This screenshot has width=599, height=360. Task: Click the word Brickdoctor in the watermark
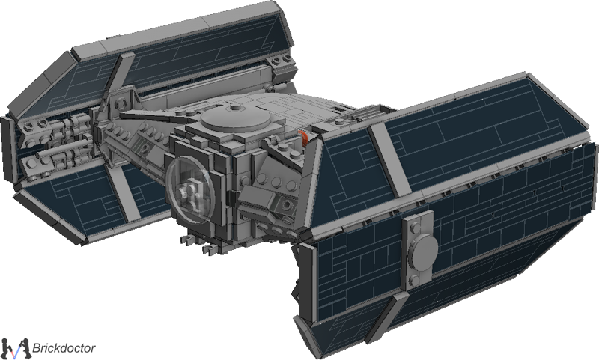64,348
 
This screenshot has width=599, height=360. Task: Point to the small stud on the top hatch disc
235,109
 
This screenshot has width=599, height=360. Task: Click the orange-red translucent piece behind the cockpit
305,138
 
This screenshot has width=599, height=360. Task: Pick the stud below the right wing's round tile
415,281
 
